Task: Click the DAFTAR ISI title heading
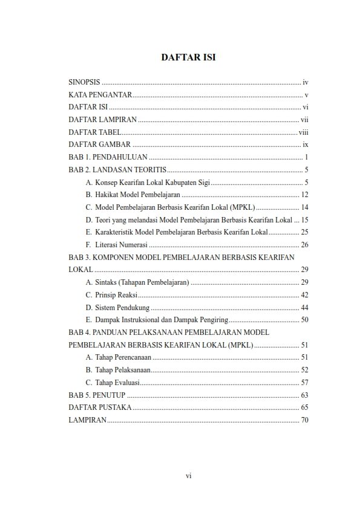click(x=188, y=57)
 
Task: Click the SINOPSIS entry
click(x=84, y=81)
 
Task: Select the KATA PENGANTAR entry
click(x=100, y=94)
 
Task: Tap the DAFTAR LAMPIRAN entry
click(x=102, y=119)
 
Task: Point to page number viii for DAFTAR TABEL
click(x=304, y=132)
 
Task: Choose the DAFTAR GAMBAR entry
click(x=99, y=144)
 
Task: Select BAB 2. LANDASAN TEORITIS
click(x=117, y=170)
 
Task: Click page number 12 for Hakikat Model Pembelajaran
click(x=305, y=195)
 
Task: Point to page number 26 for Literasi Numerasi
click(x=305, y=245)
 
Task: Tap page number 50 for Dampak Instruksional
click(x=305, y=320)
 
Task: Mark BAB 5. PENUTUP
click(x=97, y=395)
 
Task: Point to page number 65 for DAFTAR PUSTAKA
click(x=305, y=407)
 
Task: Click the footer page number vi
click(x=188, y=476)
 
